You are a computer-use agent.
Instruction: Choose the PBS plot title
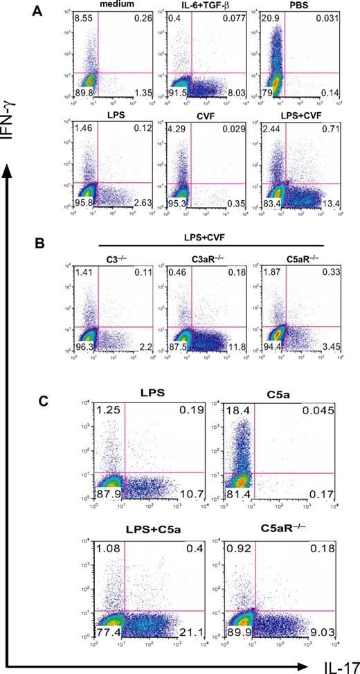pyautogui.click(x=288, y=6)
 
